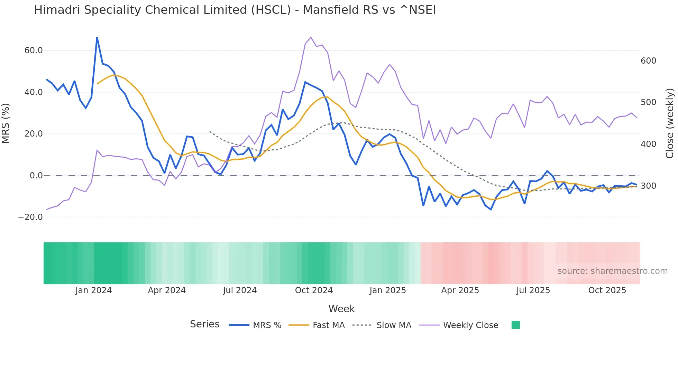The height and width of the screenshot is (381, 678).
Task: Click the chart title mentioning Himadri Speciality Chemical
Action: [235, 10]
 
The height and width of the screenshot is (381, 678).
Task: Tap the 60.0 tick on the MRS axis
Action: [34, 50]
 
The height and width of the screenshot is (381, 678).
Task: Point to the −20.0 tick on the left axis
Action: [30, 217]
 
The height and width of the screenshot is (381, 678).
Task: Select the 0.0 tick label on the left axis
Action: [36, 176]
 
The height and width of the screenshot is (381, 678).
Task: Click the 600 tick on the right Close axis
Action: [648, 61]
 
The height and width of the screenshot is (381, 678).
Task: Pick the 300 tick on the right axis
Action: [648, 186]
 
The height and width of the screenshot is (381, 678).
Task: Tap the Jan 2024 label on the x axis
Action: [93, 290]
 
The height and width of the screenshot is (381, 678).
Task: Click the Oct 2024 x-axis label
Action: [314, 290]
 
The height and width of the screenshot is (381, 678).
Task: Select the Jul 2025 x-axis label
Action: [533, 290]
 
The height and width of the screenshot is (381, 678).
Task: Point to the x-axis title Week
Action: [341, 309]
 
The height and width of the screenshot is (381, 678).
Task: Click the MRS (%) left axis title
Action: [6, 123]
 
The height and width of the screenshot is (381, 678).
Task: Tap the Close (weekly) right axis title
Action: [670, 123]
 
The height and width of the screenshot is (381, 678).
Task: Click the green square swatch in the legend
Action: [515, 325]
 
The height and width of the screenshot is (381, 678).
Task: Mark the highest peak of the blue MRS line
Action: [97, 38]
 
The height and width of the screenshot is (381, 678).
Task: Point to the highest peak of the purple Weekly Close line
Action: [311, 37]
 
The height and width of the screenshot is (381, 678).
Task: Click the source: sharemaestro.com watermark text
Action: [612, 271]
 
